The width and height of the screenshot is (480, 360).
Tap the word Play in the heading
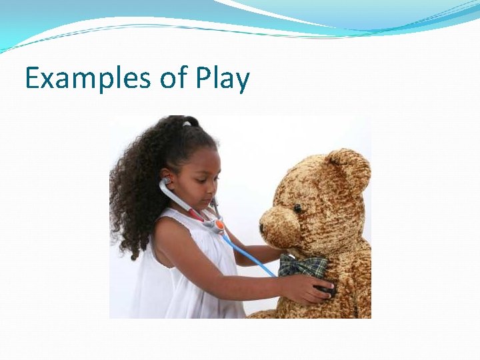click(x=223, y=79)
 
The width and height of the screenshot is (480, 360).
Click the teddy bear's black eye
click(x=297, y=209)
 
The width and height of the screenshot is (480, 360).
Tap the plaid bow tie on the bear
click(x=303, y=266)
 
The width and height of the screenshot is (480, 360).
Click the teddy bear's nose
click(x=262, y=226)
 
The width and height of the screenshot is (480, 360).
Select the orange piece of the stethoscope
click(x=218, y=225)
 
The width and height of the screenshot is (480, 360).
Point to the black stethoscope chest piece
click(x=327, y=289)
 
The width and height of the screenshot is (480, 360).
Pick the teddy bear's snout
click(x=279, y=227)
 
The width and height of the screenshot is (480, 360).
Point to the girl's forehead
click(x=200, y=160)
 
